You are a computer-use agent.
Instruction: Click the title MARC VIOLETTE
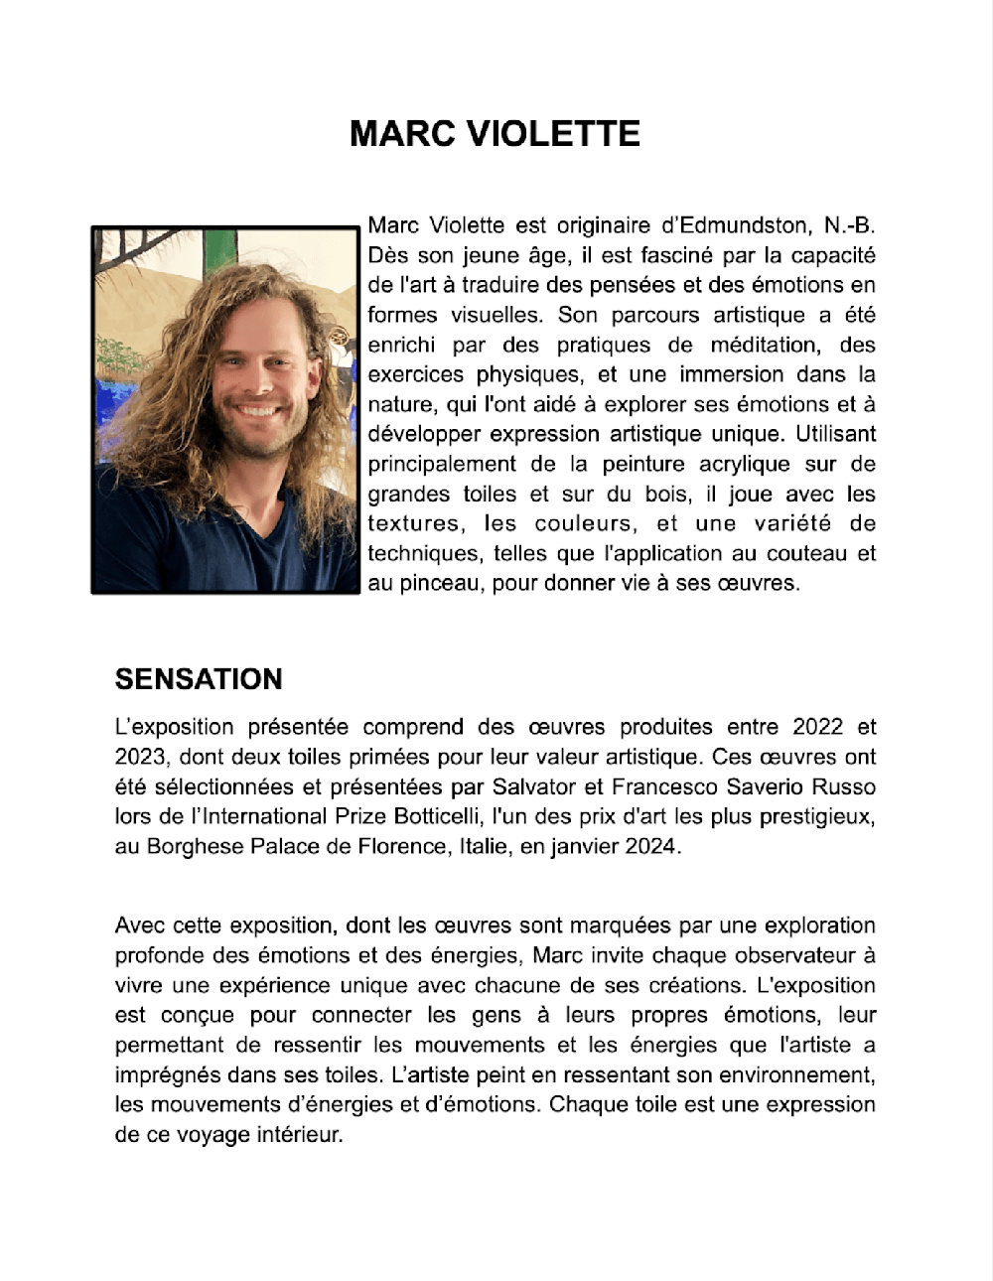[495, 133]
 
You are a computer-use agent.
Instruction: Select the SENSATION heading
[199, 679]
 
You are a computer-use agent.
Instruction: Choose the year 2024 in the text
[650, 846]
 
